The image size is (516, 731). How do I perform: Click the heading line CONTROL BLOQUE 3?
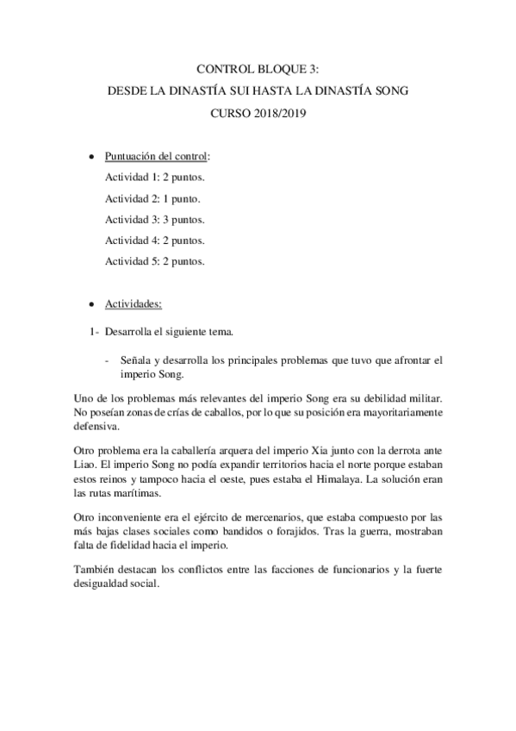point(258,70)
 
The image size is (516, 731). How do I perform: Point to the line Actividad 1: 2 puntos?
point(155,177)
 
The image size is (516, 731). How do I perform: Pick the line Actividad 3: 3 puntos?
point(155,218)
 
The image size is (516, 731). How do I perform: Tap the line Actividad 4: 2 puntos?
point(155,240)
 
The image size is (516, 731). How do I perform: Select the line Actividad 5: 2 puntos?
point(155,260)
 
